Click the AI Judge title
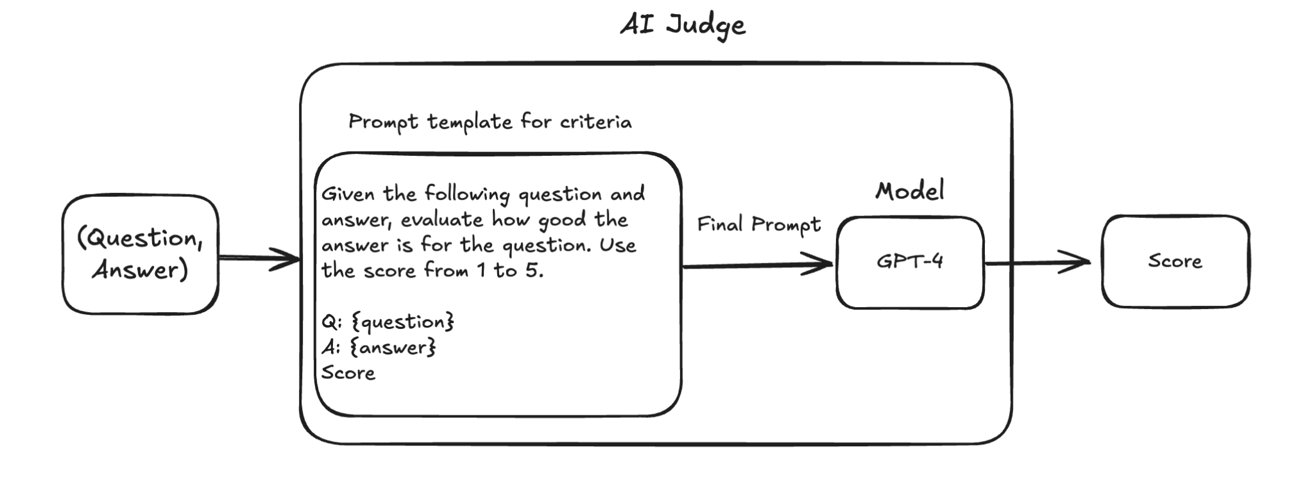683,26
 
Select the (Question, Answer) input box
140,255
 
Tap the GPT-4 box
910,262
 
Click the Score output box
1175,262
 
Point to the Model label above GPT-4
910,191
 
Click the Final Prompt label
758,224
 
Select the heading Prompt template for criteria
490,122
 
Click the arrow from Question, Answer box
259,258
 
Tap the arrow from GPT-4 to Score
1037,262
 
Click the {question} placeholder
404,322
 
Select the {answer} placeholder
395,348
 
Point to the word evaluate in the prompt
442,220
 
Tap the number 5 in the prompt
531,271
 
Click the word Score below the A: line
348,373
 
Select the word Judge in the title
705,26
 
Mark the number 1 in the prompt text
481,271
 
